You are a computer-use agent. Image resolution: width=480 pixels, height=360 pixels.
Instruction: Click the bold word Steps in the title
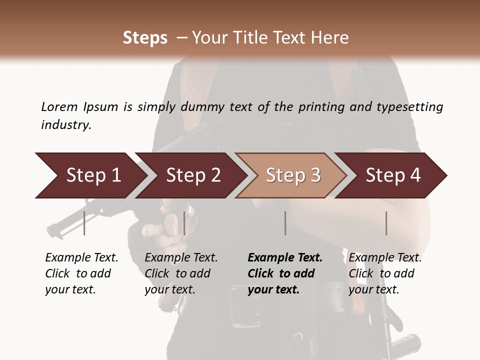coord(145,38)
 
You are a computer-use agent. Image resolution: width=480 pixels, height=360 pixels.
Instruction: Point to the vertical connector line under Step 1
coord(84,223)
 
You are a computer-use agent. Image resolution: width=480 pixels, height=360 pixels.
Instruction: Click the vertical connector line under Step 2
coord(184,223)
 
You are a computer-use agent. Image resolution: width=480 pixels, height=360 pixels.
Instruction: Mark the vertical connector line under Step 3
coord(285,223)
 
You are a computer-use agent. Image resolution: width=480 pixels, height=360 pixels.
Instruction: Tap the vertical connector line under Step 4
coord(386,223)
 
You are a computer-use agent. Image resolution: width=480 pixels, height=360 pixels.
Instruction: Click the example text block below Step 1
coord(81,273)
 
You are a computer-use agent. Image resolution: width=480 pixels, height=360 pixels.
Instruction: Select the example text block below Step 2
coord(181,273)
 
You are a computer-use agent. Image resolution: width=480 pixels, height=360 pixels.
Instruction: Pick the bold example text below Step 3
coord(284,273)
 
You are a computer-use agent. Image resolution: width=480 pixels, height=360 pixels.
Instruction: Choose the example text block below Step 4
coord(385,273)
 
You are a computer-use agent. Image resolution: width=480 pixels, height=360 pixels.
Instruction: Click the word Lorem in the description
coord(59,106)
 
